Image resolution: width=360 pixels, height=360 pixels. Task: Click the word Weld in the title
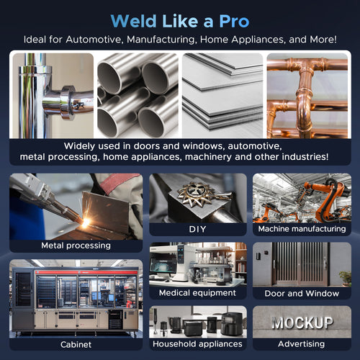coord(134,21)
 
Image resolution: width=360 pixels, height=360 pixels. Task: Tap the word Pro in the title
coord(234,21)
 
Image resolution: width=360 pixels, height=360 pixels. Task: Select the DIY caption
coord(197,229)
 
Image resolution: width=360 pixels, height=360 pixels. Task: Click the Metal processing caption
coord(76,246)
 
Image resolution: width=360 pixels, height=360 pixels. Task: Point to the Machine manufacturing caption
coord(302,229)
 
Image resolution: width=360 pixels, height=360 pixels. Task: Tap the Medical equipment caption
coord(197,293)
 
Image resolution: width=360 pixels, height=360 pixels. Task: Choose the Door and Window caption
coord(302,293)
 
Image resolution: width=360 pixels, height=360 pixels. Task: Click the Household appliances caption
coord(197,344)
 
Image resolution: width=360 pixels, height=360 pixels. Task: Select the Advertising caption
coord(302,344)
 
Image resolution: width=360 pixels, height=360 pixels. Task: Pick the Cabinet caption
coord(76,345)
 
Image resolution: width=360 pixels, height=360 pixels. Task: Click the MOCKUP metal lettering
coord(302,323)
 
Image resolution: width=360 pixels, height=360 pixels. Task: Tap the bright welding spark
coord(85,222)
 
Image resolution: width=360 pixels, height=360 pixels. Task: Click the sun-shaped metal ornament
coord(192,194)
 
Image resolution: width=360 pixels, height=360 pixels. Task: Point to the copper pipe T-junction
coord(305,70)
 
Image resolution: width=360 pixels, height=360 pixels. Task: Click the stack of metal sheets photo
coord(222,96)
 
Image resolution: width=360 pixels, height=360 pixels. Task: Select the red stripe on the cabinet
coord(86,272)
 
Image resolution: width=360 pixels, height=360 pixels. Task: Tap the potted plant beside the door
coord(346,279)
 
